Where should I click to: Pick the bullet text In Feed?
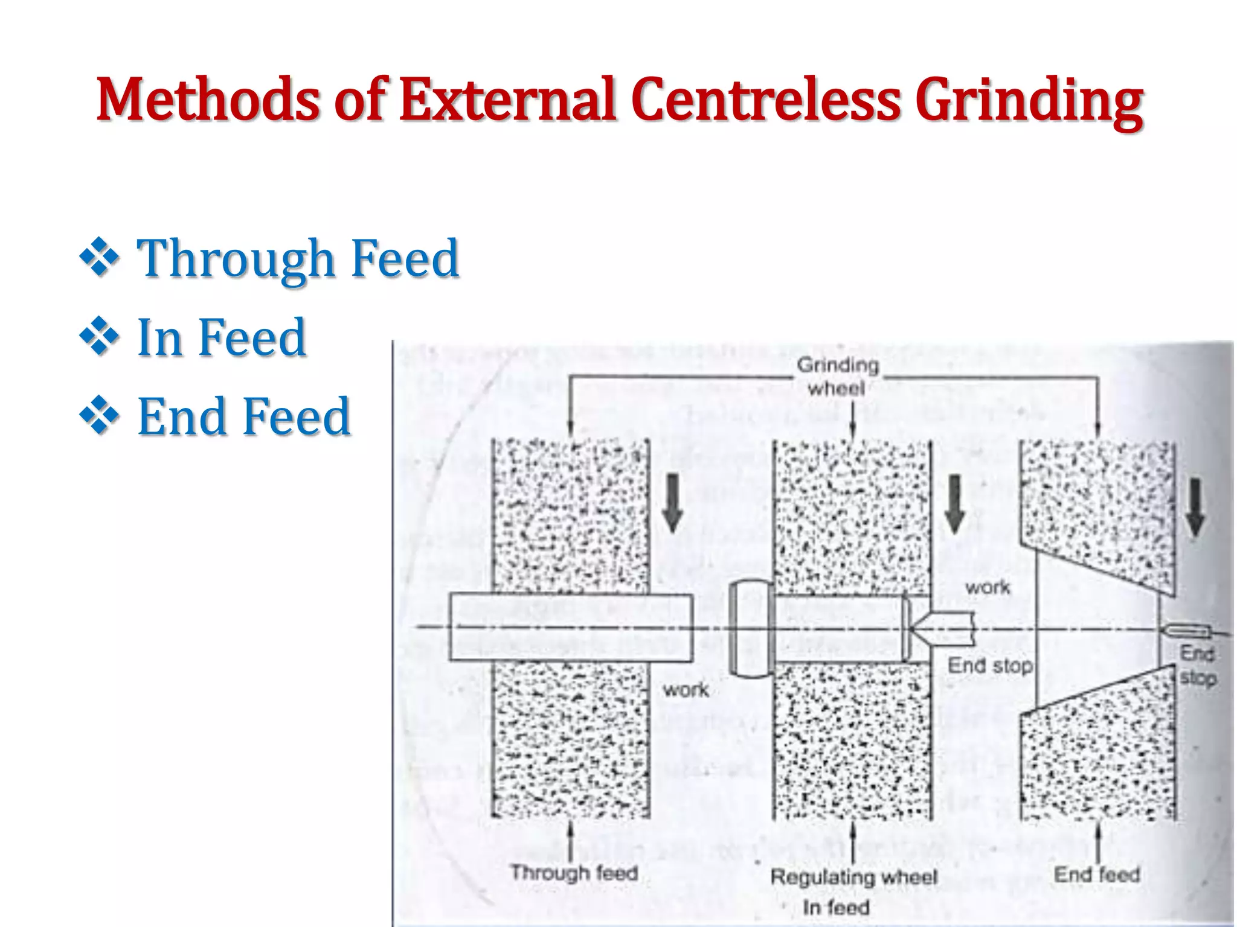[x=222, y=337]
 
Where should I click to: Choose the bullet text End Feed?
[x=244, y=416]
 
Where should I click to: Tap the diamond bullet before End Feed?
[x=99, y=416]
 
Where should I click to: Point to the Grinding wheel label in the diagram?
[x=837, y=376]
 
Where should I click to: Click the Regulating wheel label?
[x=853, y=877]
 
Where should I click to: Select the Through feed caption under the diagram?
[x=574, y=873]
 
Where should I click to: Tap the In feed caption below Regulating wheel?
[x=836, y=907]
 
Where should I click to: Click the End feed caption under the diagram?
[x=1096, y=874]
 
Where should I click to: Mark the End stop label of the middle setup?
[x=990, y=666]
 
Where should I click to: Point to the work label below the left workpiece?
[x=686, y=689]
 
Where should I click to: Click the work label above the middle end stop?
[x=988, y=587]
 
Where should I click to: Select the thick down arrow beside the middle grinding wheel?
[x=954, y=504]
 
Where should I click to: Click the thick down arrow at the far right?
[x=1195, y=507]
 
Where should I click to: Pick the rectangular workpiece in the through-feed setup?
[x=571, y=627]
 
